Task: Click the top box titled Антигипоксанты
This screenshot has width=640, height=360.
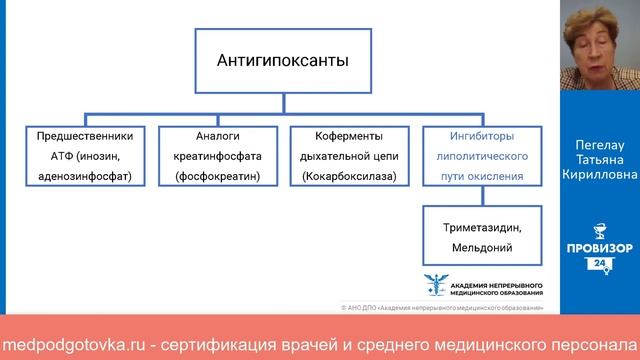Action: point(283,62)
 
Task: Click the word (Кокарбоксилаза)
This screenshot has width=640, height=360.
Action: point(342,176)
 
